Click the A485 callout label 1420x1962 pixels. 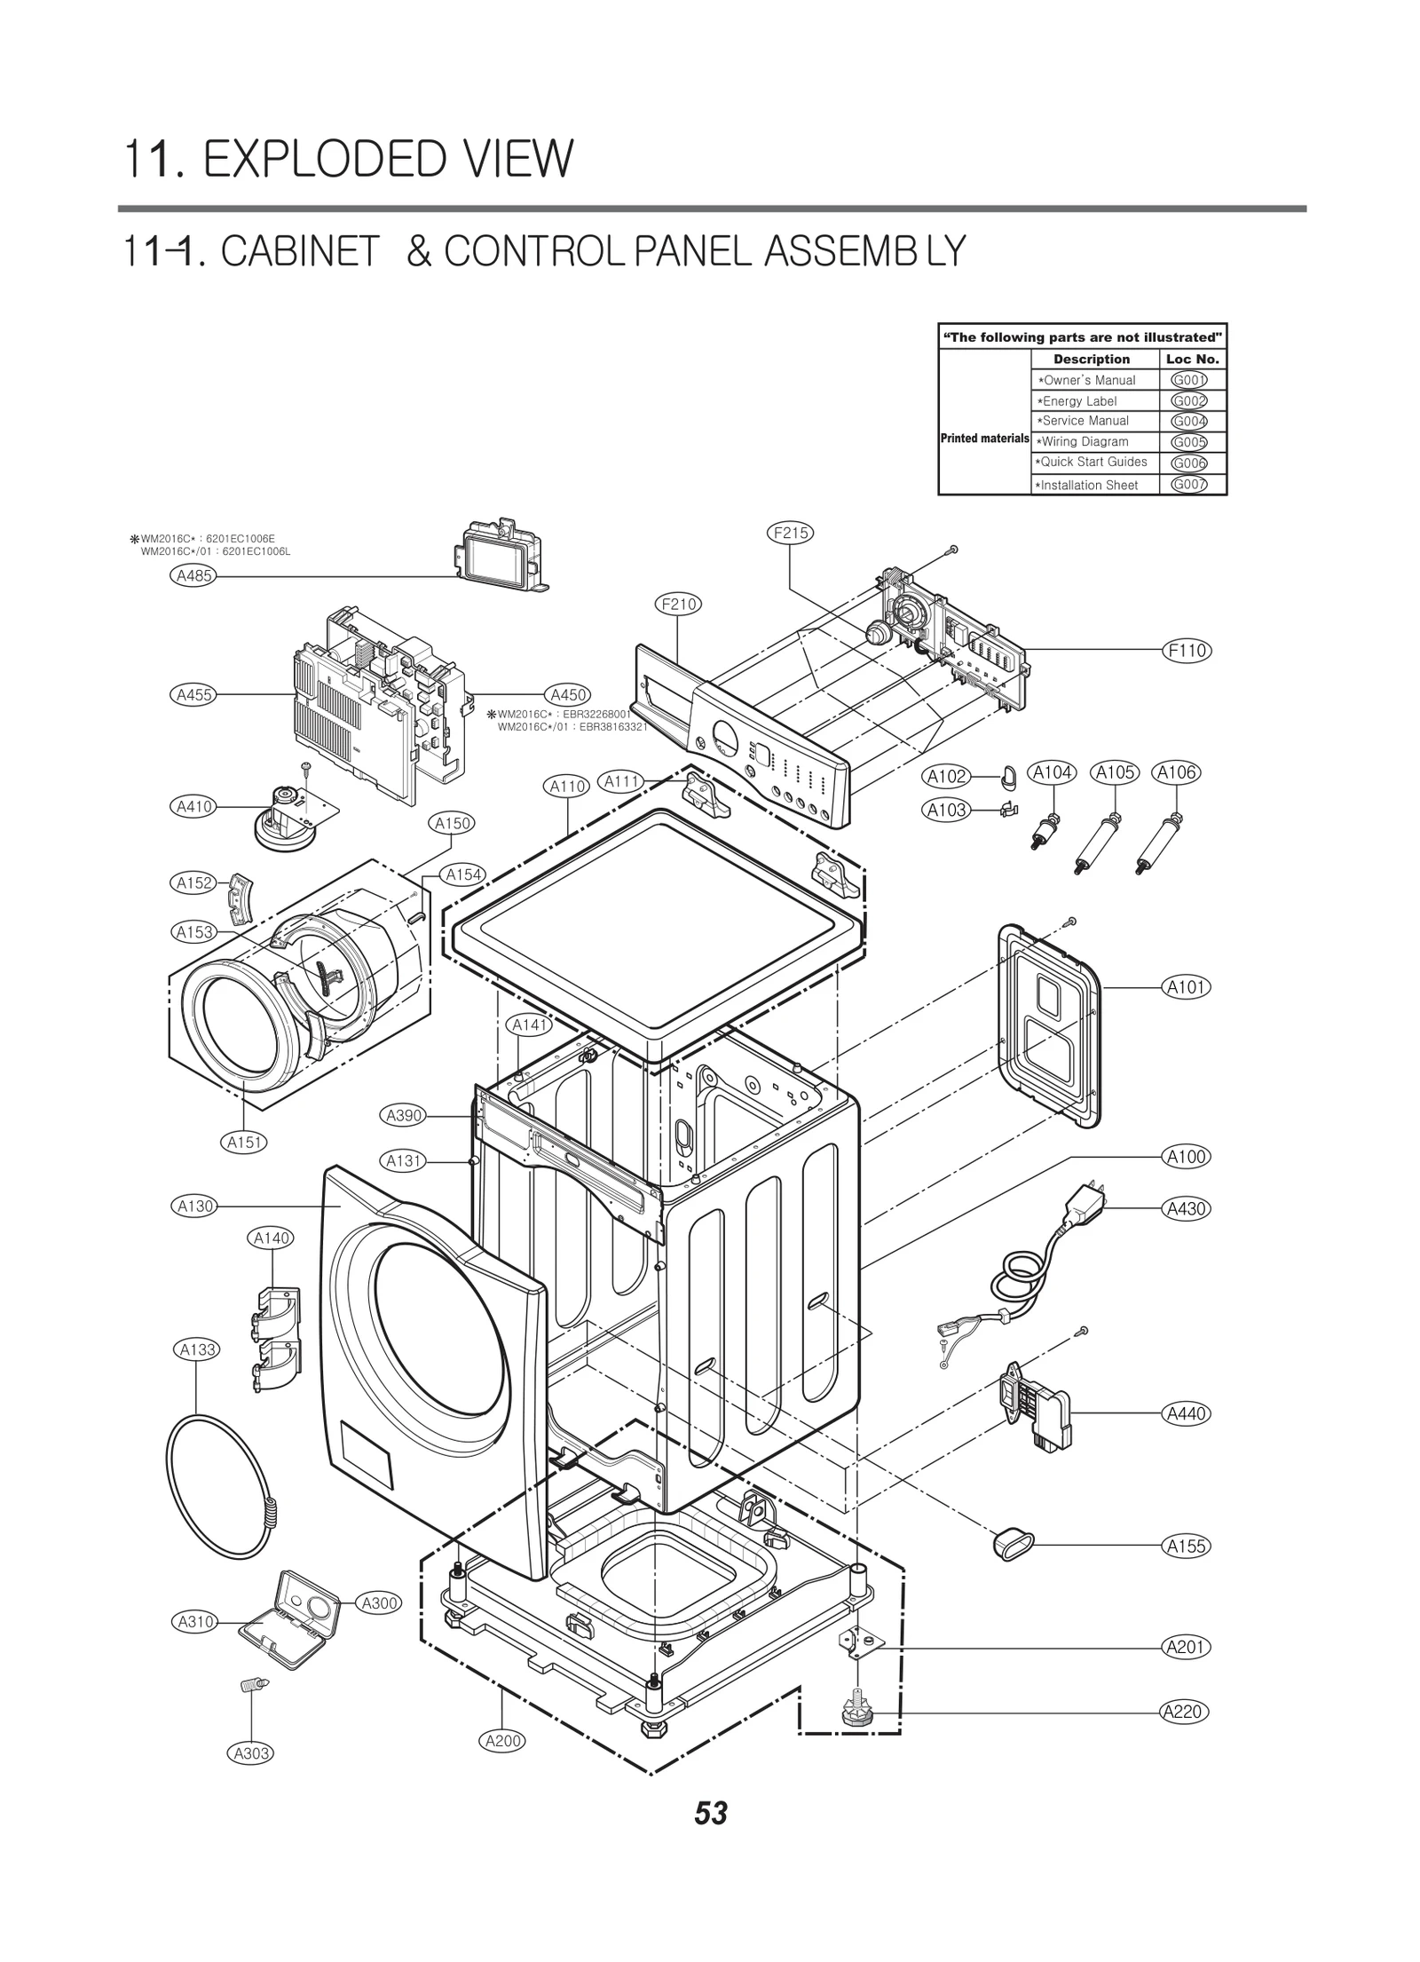(193, 575)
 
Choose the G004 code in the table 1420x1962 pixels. (1188, 421)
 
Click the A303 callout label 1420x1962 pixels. (252, 1753)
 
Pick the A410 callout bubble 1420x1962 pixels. (193, 806)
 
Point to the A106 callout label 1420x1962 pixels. (1176, 772)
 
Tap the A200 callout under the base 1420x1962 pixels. (503, 1741)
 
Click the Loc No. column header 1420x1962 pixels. (1193, 359)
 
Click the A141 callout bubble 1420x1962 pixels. (530, 1025)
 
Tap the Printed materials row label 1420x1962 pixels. (983, 439)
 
